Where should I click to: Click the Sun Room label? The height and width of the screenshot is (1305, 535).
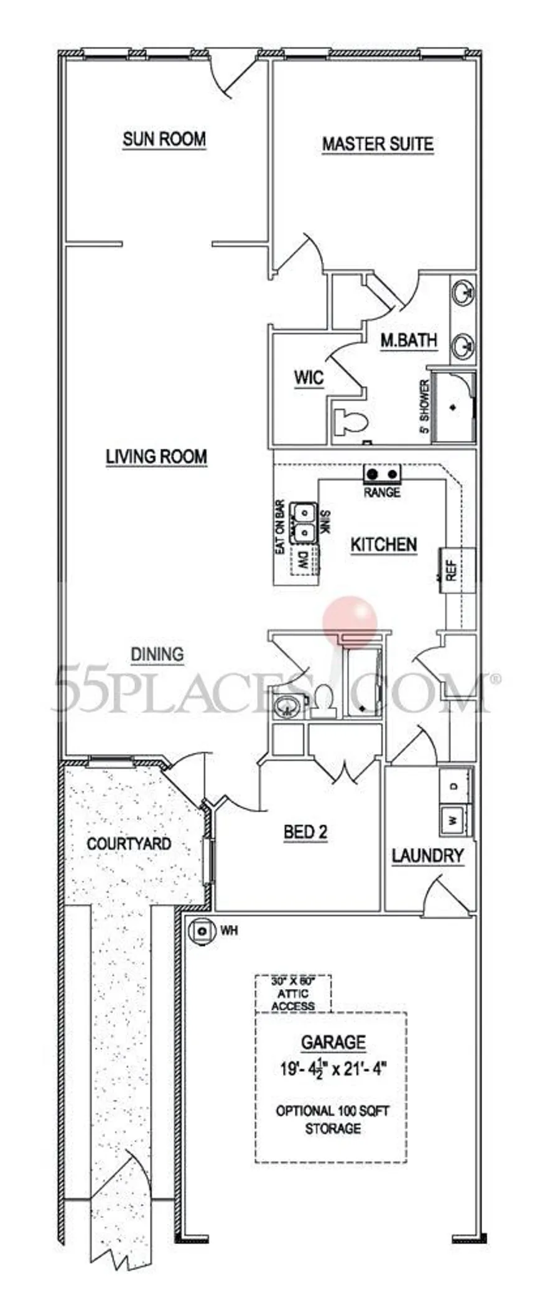164,139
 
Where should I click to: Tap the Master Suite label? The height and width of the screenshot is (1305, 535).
378,144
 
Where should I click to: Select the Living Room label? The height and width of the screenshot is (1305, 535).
156,457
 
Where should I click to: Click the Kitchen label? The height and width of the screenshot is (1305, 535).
384,545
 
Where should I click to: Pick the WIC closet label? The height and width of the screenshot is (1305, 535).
309,378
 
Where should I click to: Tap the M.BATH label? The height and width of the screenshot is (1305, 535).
409,341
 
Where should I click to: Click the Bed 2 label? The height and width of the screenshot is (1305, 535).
305,832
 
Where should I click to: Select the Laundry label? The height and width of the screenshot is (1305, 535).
427,856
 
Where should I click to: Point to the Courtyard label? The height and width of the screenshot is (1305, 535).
129,844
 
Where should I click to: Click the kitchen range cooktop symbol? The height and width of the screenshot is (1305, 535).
383,475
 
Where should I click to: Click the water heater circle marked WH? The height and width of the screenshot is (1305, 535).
202,931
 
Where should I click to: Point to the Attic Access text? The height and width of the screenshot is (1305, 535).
293,993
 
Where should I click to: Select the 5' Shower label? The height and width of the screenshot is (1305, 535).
426,407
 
